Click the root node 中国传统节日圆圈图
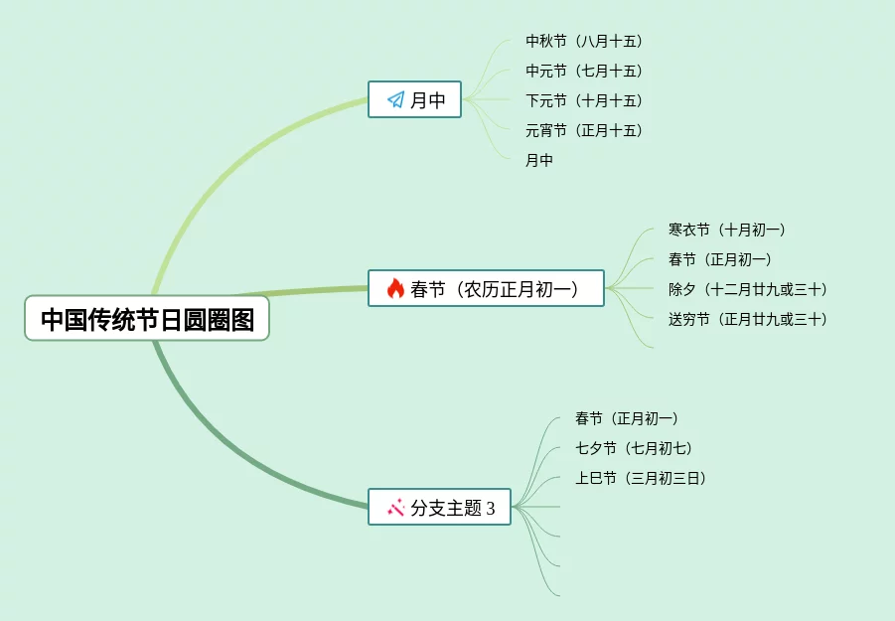(x=147, y=319)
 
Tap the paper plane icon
(x=395, y=99)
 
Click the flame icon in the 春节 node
(x=395, y=289)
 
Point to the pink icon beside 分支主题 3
(x=395, y=507)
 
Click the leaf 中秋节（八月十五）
(x=584, y=41)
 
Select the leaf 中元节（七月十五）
(x=584, y=71)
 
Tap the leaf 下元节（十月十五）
(x=584, y=100)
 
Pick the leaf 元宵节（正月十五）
(x=584, y=130)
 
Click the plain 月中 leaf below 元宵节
(x=539, y=160)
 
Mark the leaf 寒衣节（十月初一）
(x=727, y=230)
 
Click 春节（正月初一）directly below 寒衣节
(x=720, y=259)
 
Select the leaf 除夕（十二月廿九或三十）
(x=748, y=289)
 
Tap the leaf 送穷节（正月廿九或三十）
(x=748, y=319)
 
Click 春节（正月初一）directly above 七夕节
(x=627, y=418)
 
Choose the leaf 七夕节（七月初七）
(x=634, y=448)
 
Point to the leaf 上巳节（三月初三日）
(x=641, y=478)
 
